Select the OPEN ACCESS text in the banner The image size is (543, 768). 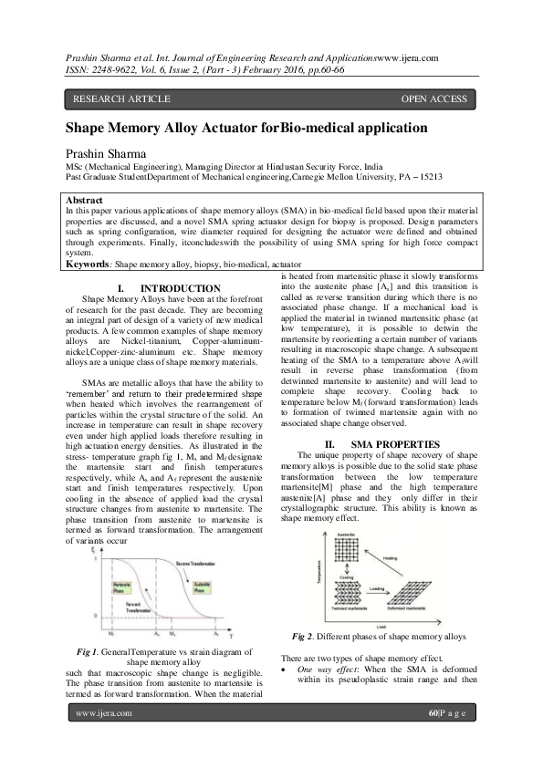[x=434, y=99]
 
